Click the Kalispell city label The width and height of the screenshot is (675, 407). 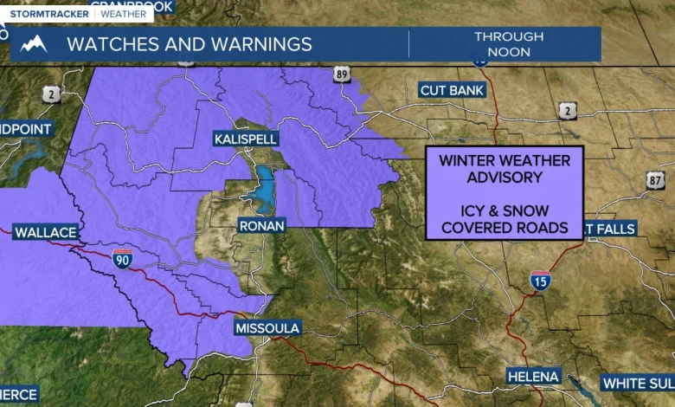click(x=246, y=139)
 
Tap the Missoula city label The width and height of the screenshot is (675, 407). click(x=267, y=328)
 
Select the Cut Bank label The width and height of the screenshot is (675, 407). click(x=453, y=90)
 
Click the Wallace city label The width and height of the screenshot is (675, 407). click(x=45, y=232)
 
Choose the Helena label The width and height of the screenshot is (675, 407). click(x=534, y=377)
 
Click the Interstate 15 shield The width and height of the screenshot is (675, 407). click(x=540, y=279)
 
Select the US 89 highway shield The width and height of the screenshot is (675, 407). click(x=342, y=75)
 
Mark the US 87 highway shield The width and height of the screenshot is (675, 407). click(x=655, y=178)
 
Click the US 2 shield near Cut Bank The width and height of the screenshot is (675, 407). click(x=568, y=109)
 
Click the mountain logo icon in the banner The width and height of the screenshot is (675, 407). click(x=34, y=43)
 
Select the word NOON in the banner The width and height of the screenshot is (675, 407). click(x=509, y=52)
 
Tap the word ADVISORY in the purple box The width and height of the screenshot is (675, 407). click(x=504, y=178)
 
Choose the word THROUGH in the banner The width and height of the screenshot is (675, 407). click(x=509, y=36)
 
